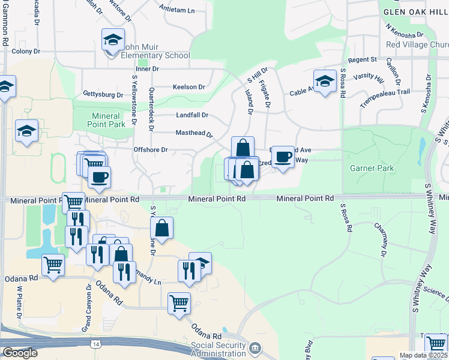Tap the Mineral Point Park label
point(109,120)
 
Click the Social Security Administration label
point(218,349)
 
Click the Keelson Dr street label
point(188,87)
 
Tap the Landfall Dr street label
point(191,115)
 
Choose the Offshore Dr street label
point(151,149)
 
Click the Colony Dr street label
point(25,52)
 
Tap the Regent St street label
point(362,59)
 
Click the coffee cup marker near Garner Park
point(283,157)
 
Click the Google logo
point(19,353)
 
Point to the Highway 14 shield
point(96,344)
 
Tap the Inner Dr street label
point(147,69)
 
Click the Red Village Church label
point(417,44)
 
